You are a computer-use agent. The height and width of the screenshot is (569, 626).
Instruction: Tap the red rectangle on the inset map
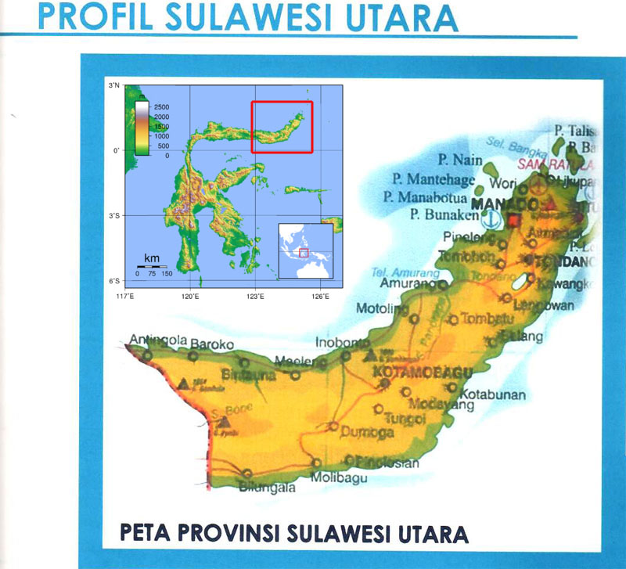coord(282,127)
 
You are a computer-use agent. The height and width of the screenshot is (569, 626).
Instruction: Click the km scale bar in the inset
coord(152,267)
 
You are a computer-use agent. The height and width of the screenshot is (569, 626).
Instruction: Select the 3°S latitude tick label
coord(113,215)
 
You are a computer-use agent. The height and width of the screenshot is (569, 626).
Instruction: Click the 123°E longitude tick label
coord(255,296)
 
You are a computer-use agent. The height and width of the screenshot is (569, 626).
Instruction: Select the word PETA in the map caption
coord(146,534)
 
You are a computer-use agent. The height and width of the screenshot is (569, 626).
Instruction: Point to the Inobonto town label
coord(341,342)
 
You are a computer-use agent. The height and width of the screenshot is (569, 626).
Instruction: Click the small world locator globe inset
coord(306,250)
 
